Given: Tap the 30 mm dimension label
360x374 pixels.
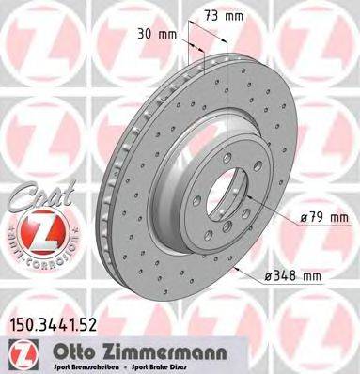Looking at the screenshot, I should point(150,34).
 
